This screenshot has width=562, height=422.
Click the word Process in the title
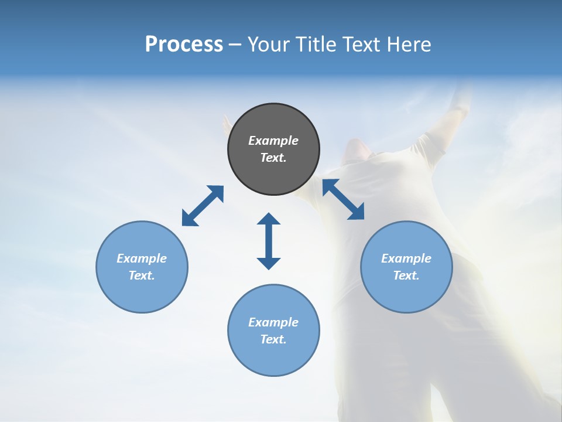tap(184, 45)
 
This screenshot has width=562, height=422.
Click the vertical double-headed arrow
tap(269, 241)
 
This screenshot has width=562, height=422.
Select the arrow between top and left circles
tap(203, 206)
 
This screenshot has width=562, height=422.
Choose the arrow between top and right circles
tap(343, 199)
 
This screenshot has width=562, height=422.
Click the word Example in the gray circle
tap(273, 141)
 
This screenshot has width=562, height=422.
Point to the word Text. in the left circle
tap(142, 275)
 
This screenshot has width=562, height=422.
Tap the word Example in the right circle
tap(406, 258)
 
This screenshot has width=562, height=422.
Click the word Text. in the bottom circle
tap(273, 339)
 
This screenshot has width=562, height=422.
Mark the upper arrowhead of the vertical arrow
tap(269, 219)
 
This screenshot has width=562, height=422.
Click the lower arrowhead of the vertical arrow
tap(269, 263)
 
